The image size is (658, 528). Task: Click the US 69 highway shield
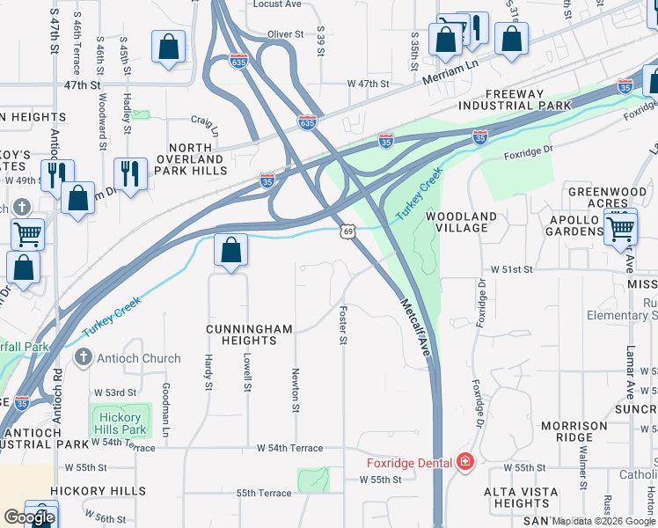348,231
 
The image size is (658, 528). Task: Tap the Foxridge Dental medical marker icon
465,462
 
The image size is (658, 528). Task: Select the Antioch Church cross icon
83,357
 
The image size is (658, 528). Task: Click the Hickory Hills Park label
120,423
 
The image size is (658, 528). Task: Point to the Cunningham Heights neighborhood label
249,334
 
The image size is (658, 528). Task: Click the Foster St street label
342,326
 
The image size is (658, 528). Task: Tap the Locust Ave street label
277,4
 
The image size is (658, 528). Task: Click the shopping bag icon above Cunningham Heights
230,251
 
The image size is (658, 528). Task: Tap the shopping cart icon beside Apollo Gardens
621,229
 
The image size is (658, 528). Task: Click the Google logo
28,517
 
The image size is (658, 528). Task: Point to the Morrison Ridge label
574,431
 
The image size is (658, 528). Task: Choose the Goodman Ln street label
164,409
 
